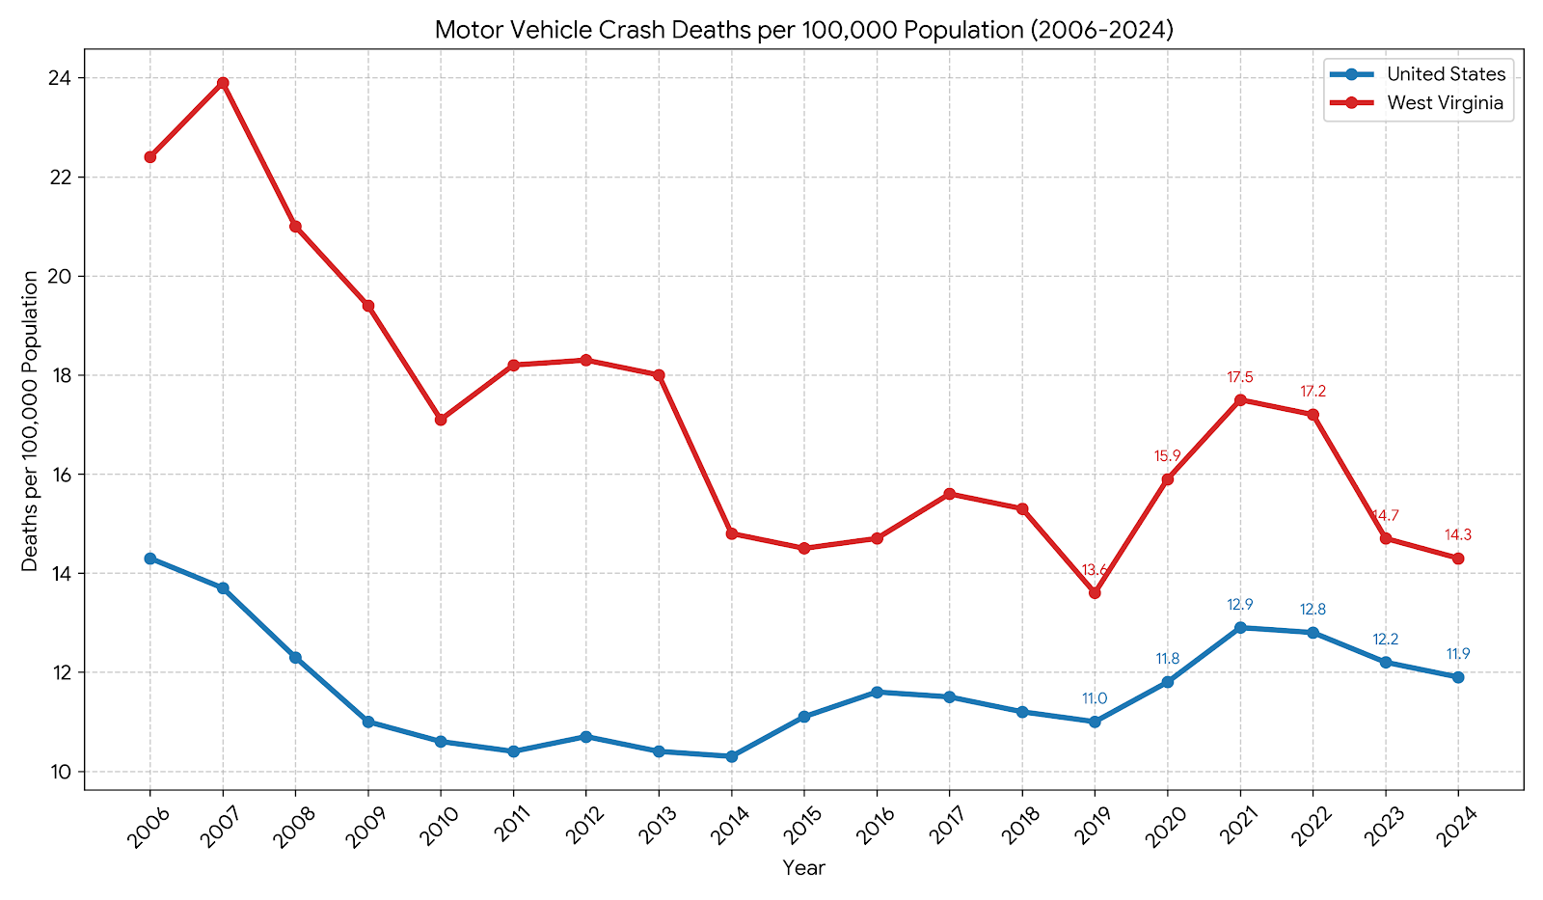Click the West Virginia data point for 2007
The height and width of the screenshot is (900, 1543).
[223, 83]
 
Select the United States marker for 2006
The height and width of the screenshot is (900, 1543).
[150, 559]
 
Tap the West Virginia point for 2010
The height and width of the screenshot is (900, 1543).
[441, 420]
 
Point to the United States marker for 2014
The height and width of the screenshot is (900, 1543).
[732, 756]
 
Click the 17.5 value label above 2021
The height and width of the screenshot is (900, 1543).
[1240, 377]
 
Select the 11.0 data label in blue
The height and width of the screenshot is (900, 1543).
[1095, 699]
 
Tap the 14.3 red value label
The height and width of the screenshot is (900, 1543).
[1458, 535]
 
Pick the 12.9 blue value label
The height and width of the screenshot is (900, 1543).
[1240, 605]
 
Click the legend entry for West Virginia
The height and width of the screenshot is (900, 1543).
[1445, 103]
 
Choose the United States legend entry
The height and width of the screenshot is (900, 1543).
[1446, 74]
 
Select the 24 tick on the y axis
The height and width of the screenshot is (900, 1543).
[68, 78]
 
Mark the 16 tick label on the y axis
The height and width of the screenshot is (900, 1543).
[68, 475]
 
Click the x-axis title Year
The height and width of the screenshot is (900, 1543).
[803, 868]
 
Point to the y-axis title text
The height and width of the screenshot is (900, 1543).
[31, 420]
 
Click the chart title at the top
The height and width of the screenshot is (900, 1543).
[803, 30]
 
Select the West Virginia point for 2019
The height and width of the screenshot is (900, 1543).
[1095, 593]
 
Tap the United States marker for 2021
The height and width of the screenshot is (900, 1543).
[1240, 628]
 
